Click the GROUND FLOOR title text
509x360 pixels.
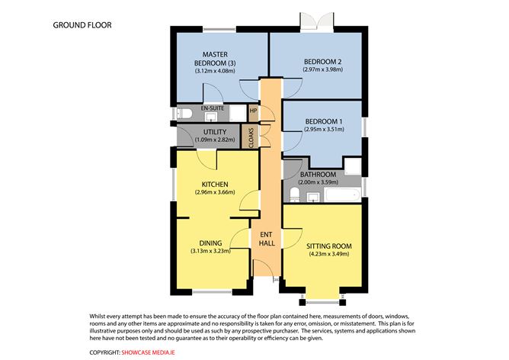click(82, 24)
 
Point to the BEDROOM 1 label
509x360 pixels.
click(324, 121)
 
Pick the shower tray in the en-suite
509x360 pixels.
click(237, 114)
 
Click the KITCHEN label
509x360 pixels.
click(215, 185)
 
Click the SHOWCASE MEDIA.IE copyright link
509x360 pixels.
click(153, 352)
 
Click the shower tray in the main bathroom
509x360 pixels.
click(353, 168)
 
